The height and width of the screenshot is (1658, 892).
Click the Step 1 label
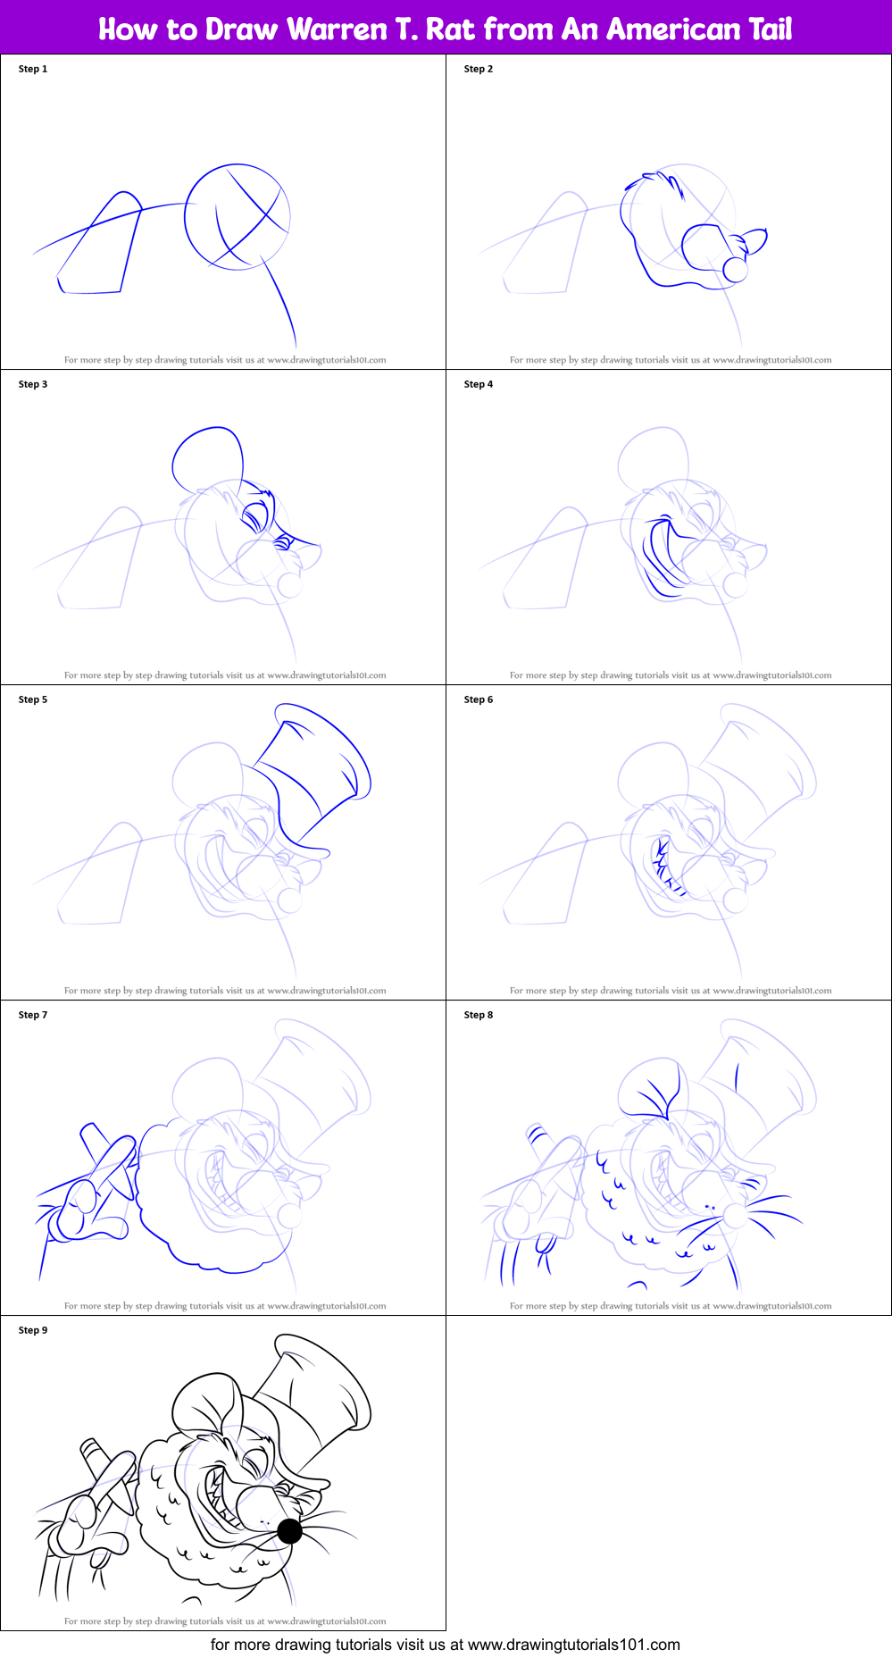pyautogui.click(x=33, y=69)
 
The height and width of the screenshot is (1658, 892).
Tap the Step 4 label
pyautogui.click(x=478, y=384)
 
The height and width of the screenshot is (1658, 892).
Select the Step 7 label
pyautogui.click(x=33, y=1015)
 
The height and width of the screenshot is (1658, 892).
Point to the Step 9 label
pyautogui.click(x=33, y=1330)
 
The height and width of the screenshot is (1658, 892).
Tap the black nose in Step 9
pyautogui.click(x=289, y=1531)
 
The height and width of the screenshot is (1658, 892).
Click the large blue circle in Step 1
pyautogui.click(x=238, y=216)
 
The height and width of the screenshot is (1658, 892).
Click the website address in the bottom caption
pyautogui.click(x=573, y=1645)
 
